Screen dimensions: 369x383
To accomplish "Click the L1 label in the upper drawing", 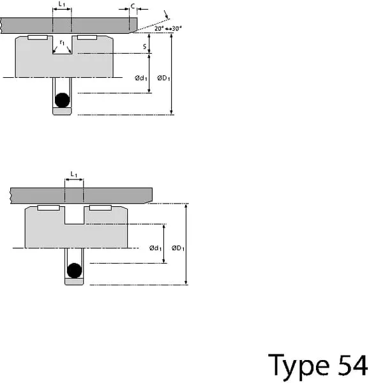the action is [62, 4].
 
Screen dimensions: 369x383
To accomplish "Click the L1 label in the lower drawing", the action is [74, 174].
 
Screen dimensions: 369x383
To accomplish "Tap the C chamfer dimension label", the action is [133, 6].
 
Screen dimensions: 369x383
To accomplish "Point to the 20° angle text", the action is [159, 29].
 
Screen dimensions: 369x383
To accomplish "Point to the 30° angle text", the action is [177, 29].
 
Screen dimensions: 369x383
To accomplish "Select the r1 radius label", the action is [63, 43].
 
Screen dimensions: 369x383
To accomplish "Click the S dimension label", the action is [144, 47].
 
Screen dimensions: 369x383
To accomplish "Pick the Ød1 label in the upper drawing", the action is [141, 78].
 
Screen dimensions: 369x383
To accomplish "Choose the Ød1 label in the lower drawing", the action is [155, 248].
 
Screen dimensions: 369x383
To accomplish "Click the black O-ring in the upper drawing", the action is [63, 100].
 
